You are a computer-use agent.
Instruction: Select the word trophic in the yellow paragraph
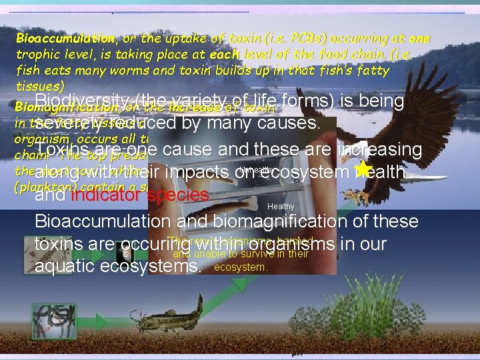click(x=39, y=55)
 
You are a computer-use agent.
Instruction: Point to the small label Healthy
click(x=280, y=207)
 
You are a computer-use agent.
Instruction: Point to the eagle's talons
click(x=363, y=193)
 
